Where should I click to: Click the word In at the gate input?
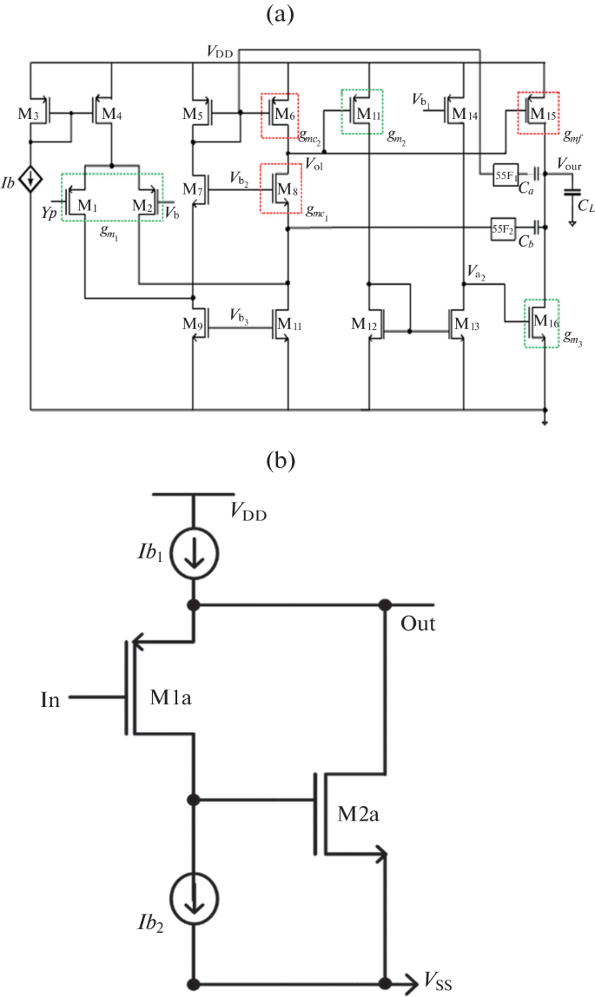(x=50, y=697)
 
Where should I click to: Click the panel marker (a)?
(x=297, y=15)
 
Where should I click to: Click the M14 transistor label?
(x=466, y=113)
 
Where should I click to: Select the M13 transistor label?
(x=465, y=325)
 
